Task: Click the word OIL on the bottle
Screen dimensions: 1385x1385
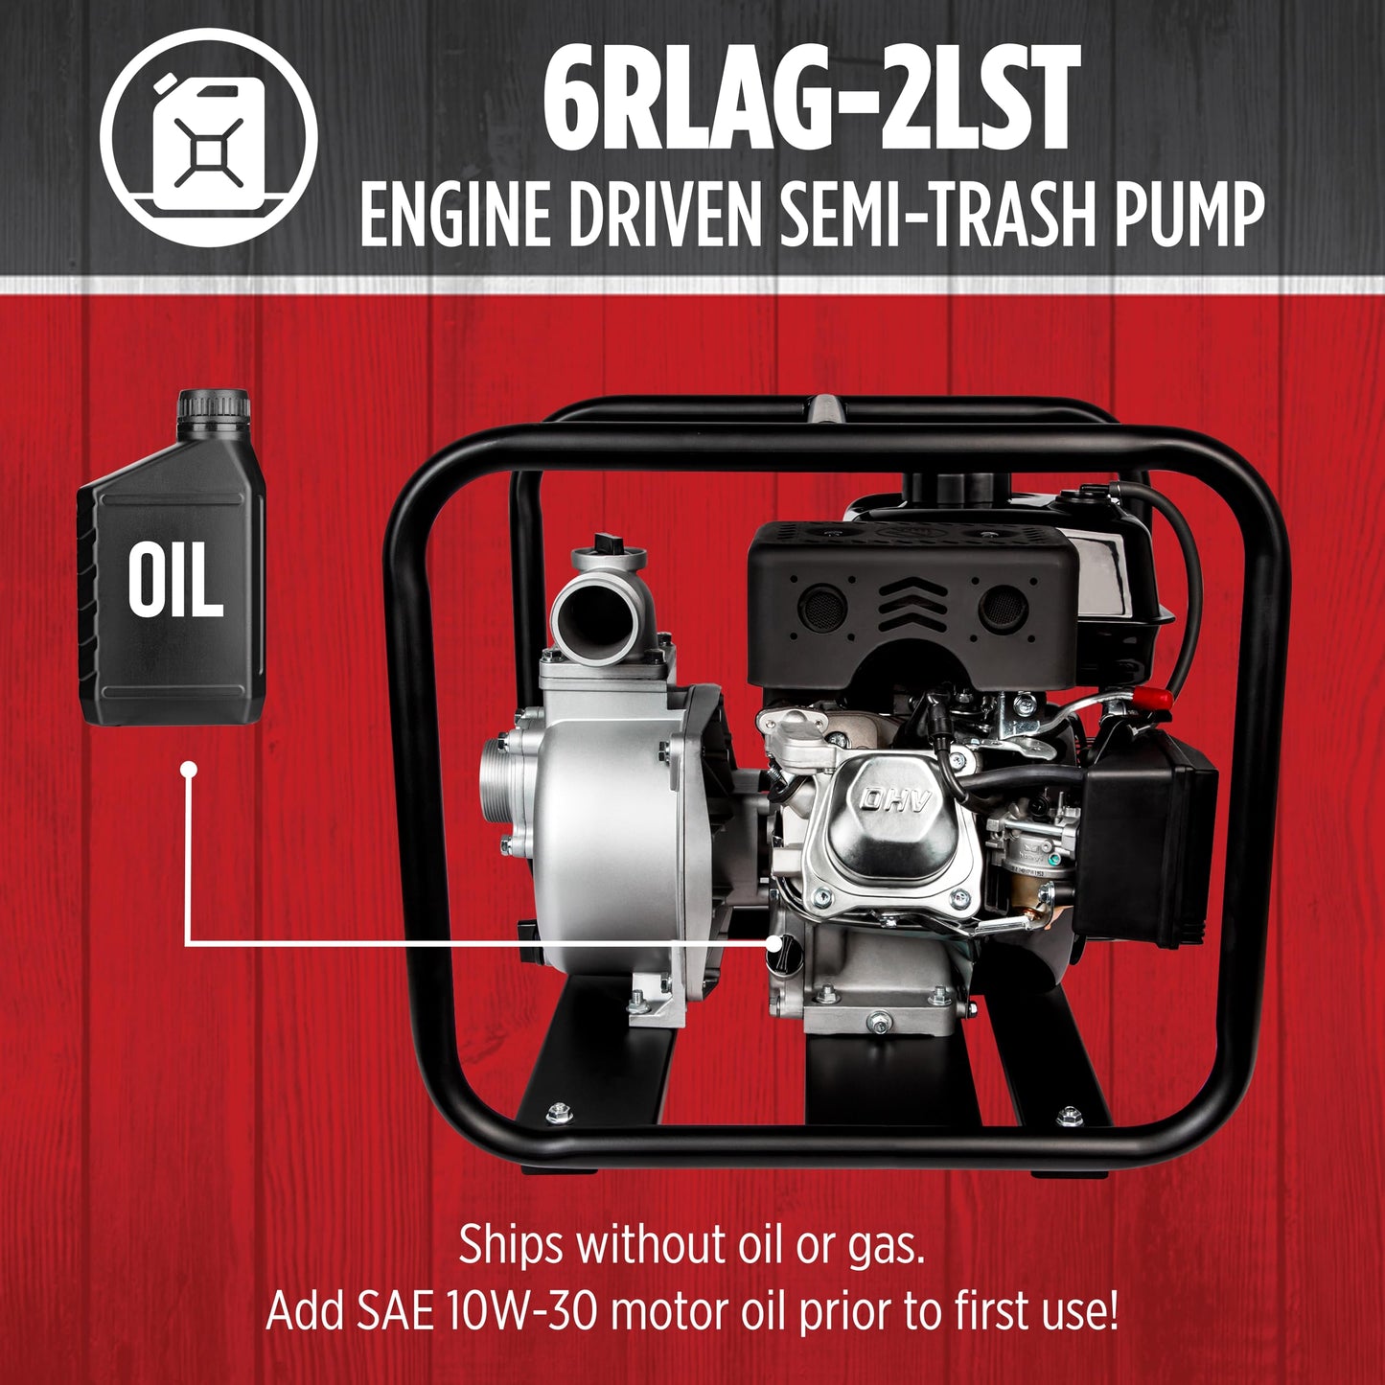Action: [175, 579]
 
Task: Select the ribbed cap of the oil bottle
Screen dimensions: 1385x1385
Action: [214, 407]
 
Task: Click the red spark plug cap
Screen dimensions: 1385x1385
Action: [1150, 697]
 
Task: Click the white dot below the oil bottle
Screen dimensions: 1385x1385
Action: [189, 770]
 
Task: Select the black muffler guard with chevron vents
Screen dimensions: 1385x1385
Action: [912, 608]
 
